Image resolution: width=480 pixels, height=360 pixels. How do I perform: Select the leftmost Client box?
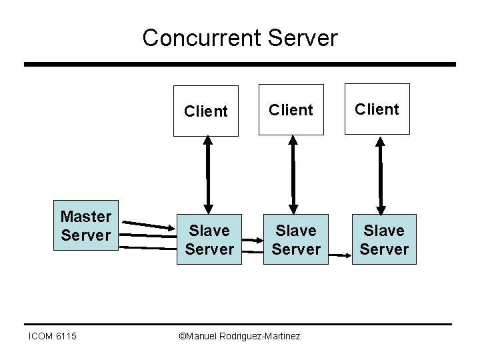coord(205,111)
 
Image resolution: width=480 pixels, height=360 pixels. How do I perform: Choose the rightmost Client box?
coord(377,109)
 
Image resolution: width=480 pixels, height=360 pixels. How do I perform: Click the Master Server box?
coord(85,226)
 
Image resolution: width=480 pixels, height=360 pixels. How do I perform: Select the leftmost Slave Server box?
coord(209,239)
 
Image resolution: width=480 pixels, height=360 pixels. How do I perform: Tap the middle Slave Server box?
coord(295,239)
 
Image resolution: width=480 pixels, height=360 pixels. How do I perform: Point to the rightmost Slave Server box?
coord(383,239)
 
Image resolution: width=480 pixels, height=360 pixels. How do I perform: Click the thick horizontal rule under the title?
coord(240,65)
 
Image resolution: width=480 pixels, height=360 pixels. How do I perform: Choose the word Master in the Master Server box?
coord(85,217)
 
